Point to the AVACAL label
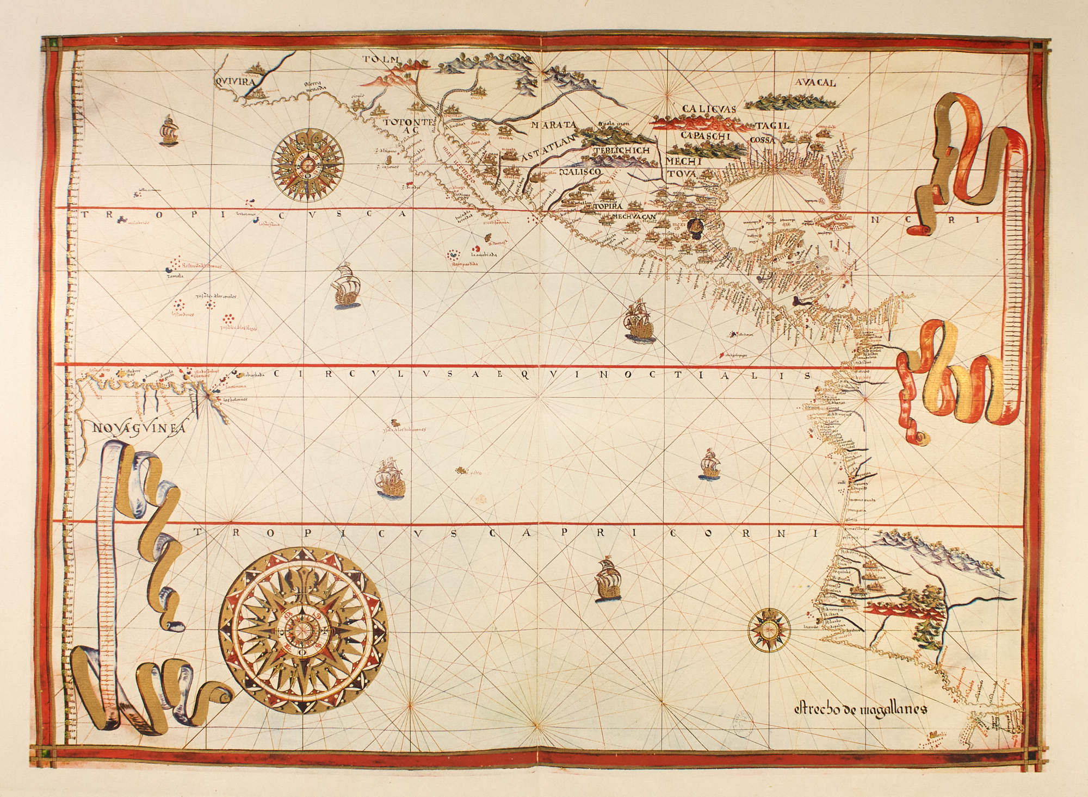pos(814,83)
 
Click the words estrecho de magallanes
pos(860,708)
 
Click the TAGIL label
pos(771,126)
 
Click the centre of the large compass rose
pos(307,630)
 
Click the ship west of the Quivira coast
pos(169,130)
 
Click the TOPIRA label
pos(607,207)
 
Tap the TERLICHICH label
pos(621,150)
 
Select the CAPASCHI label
pos(706,136)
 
